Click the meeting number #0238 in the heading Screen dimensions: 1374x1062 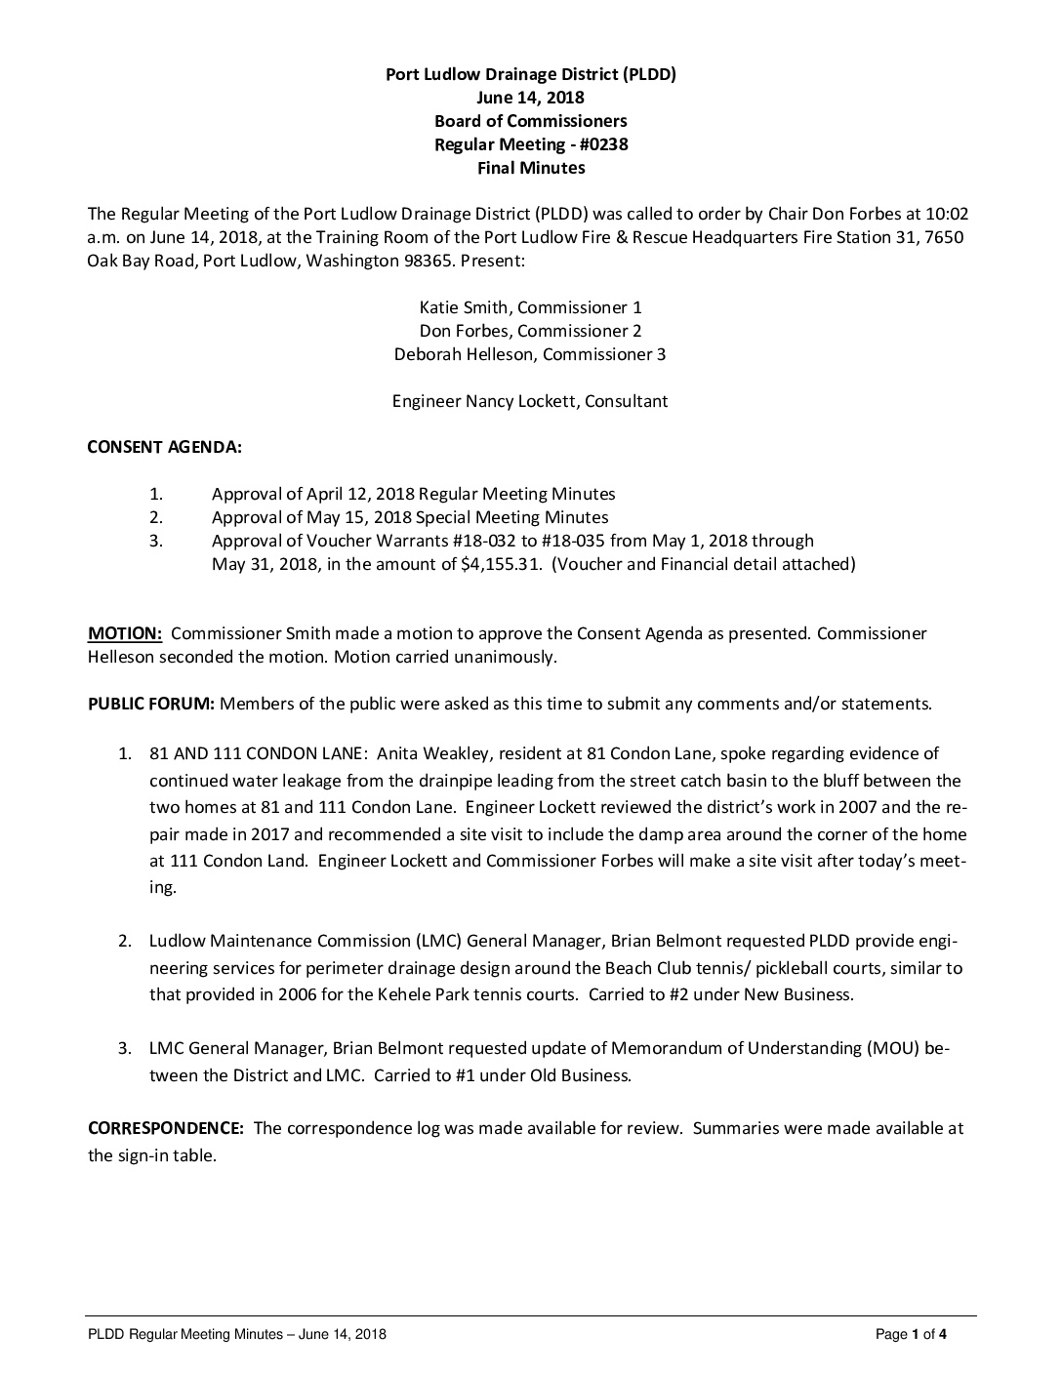(x=602, y=144)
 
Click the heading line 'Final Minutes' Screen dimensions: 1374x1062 (x=531, y=168)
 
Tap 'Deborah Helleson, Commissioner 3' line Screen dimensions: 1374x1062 (x=530, y=354)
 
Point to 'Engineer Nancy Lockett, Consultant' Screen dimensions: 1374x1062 (x=530, y=401)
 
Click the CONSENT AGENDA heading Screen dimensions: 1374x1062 (x=165, y=448)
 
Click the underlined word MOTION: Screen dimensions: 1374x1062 (x=125, y=633)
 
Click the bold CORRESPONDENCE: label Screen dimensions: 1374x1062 (x=166, y=1128)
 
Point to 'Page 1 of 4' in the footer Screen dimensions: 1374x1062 (x=911, y=1335)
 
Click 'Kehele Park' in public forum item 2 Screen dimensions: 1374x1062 (x=513, y=995)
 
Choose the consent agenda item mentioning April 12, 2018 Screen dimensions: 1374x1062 (x=413, y=494)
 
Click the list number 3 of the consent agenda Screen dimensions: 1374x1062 (x=156, y=541)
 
